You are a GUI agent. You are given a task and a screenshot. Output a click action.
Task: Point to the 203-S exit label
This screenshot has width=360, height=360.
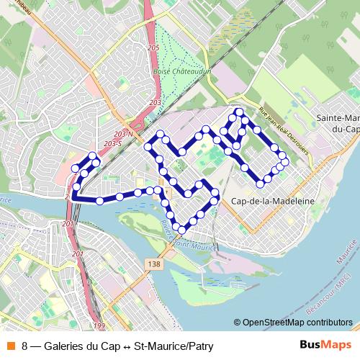[112, 144]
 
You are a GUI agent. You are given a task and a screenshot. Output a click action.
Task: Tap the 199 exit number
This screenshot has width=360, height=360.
[99, 326]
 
